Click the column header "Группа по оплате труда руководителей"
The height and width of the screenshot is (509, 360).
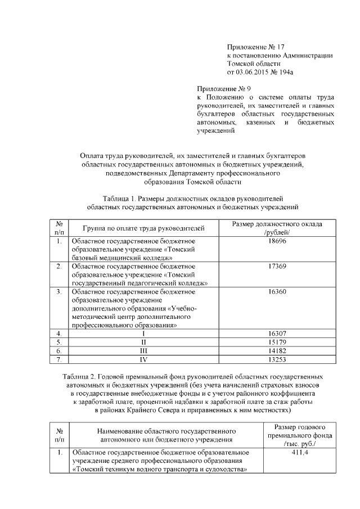pyautogui.click(x=143, y=228)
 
